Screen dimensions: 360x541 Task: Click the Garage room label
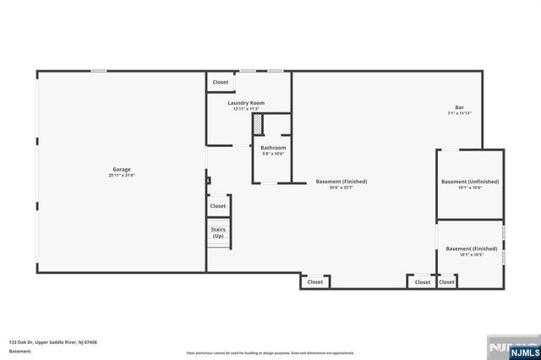click(121, 169)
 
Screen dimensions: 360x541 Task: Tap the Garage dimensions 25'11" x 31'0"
click(121, 175)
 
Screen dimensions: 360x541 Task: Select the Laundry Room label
click(246, 103)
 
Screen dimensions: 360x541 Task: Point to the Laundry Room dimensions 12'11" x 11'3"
click(246, 109)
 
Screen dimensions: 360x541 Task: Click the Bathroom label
click(272, 148)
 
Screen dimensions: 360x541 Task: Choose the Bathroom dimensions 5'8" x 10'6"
click(272, 154)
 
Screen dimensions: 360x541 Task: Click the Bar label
click(459, 107)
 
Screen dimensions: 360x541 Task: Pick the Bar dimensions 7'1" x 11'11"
click(459, 113)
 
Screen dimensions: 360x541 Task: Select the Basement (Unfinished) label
click(470, 182)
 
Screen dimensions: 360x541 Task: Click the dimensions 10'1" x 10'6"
click(470, 188)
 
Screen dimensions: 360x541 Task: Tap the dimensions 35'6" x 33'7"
click(342, 188)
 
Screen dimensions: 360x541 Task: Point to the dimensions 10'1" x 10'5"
click(470, 254)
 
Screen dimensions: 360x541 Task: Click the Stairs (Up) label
click(218, 232)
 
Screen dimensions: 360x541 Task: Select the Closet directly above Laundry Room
click(220, 82)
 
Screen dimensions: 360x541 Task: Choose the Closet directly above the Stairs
click(218, 205)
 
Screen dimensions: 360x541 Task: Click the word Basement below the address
click(19, 351)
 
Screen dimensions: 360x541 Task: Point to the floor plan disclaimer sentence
click(270, 352)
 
